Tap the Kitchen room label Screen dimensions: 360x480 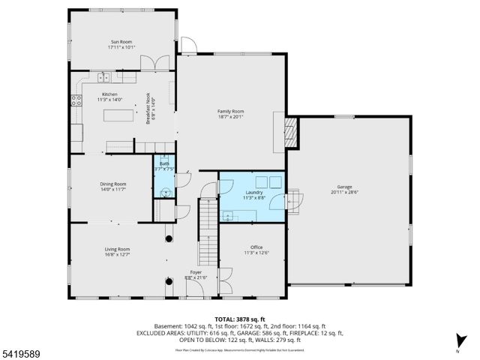(x=109, y=94)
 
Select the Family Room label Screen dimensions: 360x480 (x=230, y=111)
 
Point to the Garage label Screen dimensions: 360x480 (x=344, y=187)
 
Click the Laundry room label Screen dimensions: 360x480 (x=253, y=192)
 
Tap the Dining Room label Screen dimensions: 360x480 (x=113, y=184)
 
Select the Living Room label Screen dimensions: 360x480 (x=117, y=249)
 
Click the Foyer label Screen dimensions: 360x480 (x=195, y=272)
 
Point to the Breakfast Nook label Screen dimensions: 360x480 (x=149, y=110)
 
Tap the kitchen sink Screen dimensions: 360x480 (x=104, y=76)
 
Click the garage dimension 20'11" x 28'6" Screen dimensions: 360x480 (x=344, y=192)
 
